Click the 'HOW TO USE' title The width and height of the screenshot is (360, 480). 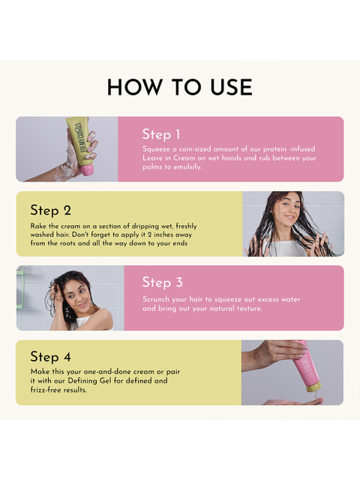pos(180,87)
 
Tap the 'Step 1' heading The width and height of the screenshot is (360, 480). pos(161,135)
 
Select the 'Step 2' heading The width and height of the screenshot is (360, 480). pos(50,210)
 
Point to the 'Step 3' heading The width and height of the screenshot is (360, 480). pos(162,283)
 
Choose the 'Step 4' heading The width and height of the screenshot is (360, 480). pos(50,357)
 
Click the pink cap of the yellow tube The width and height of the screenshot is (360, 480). pos(87,170)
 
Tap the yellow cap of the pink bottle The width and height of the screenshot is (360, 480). pos(313,387)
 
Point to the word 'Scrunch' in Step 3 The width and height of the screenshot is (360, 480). pos(156,299)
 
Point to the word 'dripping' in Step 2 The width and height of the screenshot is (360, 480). pos(145,226)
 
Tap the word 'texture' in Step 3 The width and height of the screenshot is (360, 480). pos(250,308)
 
